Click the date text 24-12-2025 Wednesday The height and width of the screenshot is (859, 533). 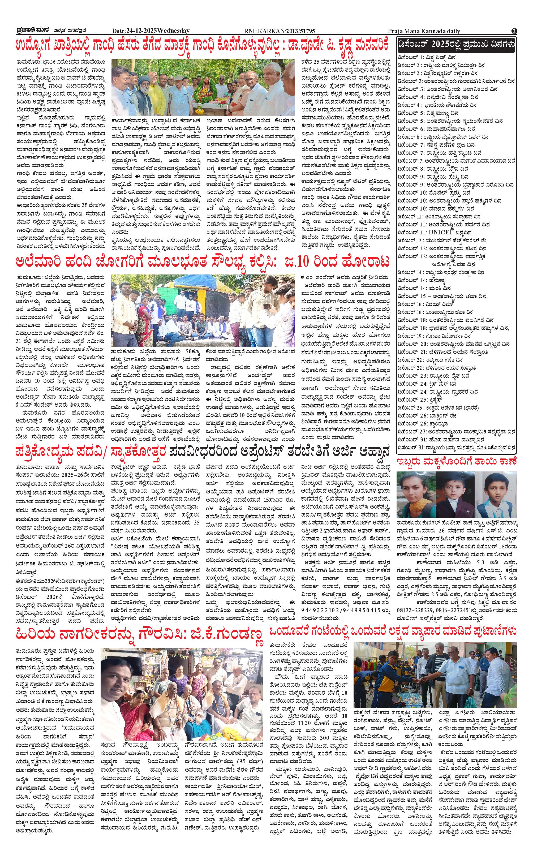coord(151,31)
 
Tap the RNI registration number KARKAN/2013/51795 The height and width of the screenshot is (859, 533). coord(279,31)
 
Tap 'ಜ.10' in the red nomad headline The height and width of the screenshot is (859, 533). coord(305,262)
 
